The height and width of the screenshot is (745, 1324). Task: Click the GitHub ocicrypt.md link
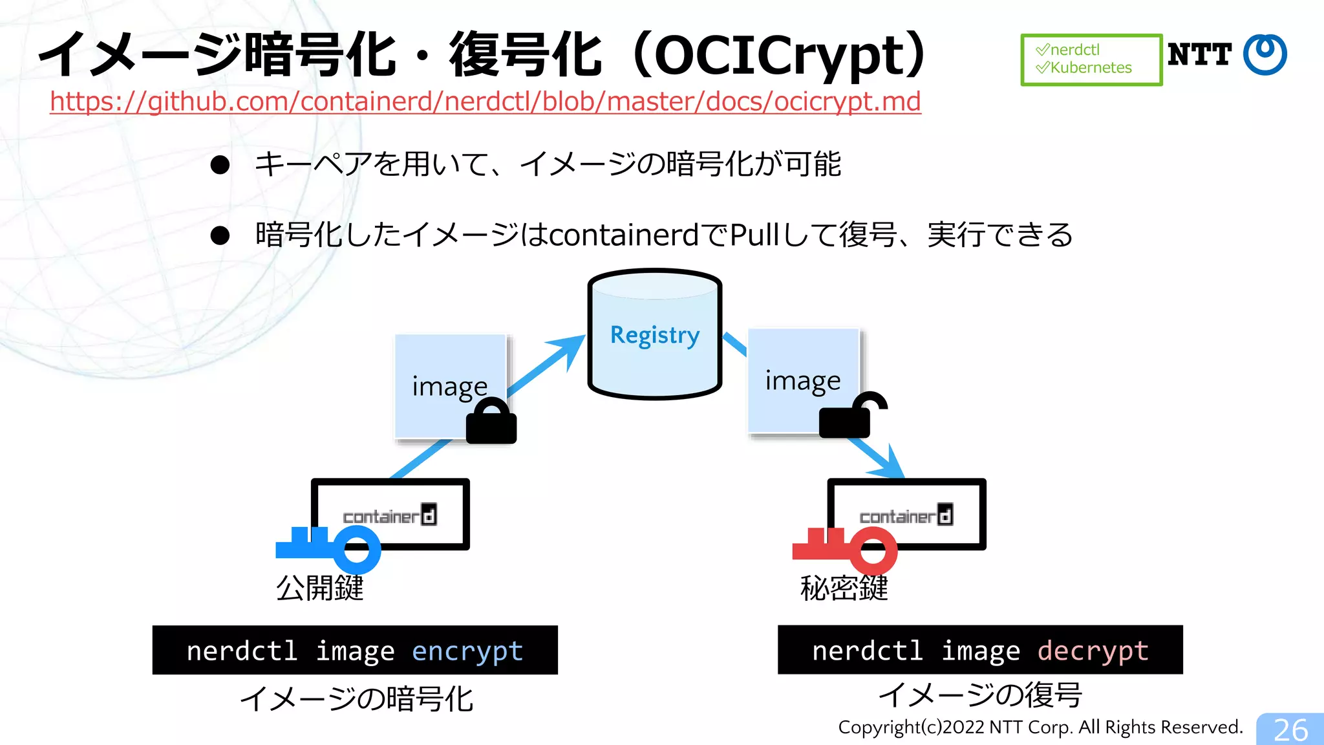click(x=485, y=102)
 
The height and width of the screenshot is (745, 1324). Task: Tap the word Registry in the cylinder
click(x=654, y=335)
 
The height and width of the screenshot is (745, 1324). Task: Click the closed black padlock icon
click(x=491, y=422)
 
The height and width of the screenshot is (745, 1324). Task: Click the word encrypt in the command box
click(x=467, y=651)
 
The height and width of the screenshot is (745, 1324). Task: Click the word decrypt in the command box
click(x=1093, y=651)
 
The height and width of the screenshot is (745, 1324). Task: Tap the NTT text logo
click(x=1199, y=54)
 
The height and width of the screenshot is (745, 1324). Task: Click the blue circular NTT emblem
click(x=1265, y=54)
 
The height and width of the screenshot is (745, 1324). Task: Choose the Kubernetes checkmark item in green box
click(x=1084, y=67)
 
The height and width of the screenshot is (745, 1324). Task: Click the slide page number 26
click(x=1290, y=730)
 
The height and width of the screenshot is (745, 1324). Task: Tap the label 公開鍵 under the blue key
click(x=319, y=588)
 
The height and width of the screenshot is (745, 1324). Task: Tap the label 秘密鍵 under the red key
click(x=844, y=588)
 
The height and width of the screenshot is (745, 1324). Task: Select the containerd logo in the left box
click(x=390, y=515)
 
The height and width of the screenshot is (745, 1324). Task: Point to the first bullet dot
click(x=220, y=165)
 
